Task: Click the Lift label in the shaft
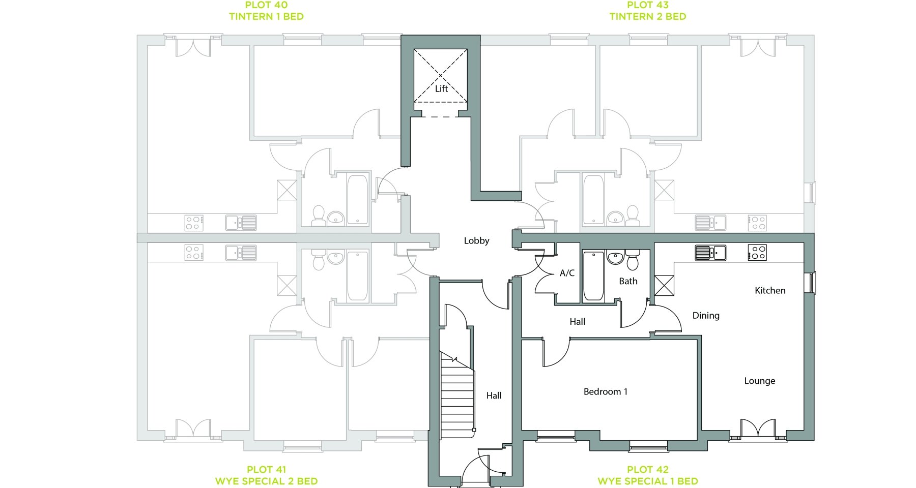441,88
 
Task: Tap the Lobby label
476,240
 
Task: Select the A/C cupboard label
567,273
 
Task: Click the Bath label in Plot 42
628,281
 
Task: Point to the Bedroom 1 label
605,391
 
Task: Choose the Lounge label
760,381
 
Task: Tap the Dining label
706,316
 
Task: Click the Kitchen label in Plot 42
770,290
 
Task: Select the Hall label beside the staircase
494,395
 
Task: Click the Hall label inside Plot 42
577,321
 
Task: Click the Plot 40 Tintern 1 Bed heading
266,11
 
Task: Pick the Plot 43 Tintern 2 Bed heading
648,11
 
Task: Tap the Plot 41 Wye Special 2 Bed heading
266,475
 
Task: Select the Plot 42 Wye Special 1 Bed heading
648,475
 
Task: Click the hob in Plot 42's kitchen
757,253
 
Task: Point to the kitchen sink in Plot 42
711,253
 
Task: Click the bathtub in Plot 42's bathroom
593,276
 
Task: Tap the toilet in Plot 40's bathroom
319,216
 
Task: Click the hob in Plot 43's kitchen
757,223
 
